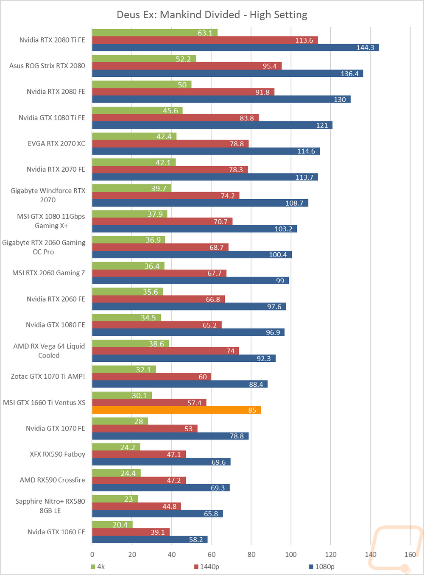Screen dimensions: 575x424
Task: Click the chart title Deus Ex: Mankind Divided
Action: coord(212,15)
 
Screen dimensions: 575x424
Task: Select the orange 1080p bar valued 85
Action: coord(176,410)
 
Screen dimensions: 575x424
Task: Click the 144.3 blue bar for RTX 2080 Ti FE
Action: coord(235,47)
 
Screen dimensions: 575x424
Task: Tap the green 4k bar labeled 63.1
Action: coord(155,33)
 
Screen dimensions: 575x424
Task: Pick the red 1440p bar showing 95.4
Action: coord(187,66)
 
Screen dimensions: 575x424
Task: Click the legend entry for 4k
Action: coord(98,567)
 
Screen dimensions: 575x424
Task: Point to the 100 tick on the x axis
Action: coord(291,554)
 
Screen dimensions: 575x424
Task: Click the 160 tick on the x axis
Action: coord(410,554)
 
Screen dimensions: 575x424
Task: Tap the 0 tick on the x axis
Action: coord(92,554)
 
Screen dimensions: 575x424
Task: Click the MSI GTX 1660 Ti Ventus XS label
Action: coord(44,402)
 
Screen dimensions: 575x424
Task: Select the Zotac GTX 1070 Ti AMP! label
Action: coord(48,377)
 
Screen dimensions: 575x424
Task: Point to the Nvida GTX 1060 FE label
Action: coord(56,532)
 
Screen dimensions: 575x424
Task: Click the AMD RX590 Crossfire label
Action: coord(52,480)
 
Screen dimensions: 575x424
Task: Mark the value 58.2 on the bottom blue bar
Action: coord(196,540)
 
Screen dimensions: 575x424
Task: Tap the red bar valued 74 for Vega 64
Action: coord(165,351)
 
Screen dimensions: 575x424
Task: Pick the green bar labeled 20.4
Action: coord(112,525)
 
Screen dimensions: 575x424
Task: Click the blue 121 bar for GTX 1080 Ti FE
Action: coord(212,125)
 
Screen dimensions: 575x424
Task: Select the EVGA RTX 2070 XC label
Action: coord(56,143)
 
